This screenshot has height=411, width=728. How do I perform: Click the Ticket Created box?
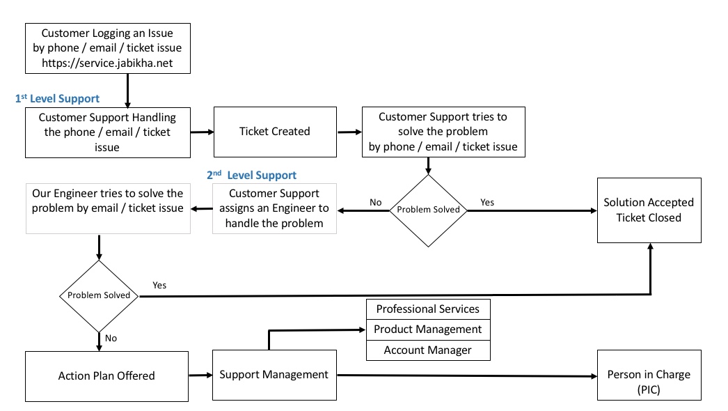click(x=274, y=132)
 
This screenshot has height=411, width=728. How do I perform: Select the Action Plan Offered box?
click(x=106, y=376)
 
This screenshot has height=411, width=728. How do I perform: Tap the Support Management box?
click(x=274, y=375)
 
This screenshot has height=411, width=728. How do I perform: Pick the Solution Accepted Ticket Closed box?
click(x=648, y=210)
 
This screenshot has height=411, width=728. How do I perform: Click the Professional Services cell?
click(x=427, y=309)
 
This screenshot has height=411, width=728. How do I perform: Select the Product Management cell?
click(x=427, y=329)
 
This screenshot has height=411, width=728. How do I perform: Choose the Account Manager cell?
click(x=427, y=350)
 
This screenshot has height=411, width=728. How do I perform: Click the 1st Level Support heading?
click(x=57, y=99)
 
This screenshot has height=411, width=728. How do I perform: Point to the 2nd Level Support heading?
click(x=251, y=176)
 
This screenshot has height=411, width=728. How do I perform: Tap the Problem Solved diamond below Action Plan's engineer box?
click(x=99, y=295)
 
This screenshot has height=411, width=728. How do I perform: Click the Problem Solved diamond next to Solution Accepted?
click(x=428, y=210)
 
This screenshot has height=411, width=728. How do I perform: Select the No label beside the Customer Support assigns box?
click(x=376, y=202)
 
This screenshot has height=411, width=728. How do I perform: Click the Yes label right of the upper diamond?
click(x=487, y=202)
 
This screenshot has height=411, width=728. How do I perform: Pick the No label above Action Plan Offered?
click(x=111, y=339)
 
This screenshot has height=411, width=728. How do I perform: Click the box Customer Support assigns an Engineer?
click(x=274, y=208)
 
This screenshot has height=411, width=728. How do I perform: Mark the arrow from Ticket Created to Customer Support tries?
click(x=349, y=131)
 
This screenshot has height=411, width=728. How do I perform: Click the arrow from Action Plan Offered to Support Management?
click(x=200, y=375)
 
